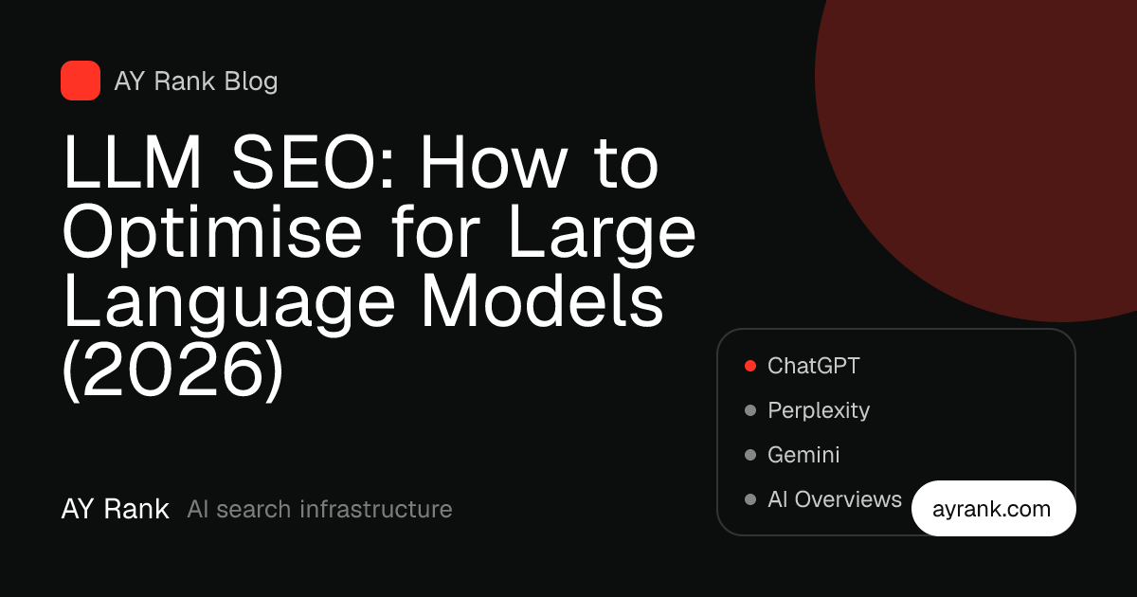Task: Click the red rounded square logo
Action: tap(81, 81)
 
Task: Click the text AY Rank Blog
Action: tap(196, 81)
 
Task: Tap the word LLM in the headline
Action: tap(132, 162)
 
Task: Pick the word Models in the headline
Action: tap(543, 299)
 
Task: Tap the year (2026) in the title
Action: tap(172, 370)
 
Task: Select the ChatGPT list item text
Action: tap(814, 366)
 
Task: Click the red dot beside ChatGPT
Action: tap(750, 366)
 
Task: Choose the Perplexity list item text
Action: tap(819, 410)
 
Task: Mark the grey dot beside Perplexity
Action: tap(750, 410)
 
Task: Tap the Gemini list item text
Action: tap(803, 454)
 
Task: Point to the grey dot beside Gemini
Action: tap(750, 454)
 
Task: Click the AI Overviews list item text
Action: tap(835, 499)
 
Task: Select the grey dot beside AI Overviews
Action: tap(750, 499)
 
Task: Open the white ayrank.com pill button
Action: tap(993, 508)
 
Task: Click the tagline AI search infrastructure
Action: tap(320, 509)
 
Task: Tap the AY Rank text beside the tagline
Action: tap(116, 509)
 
